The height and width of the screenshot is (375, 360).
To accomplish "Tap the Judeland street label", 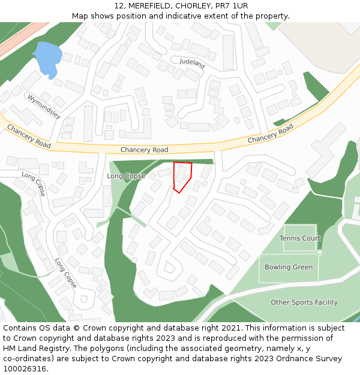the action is [193, 62].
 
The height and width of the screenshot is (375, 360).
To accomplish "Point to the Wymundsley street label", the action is [44, 106].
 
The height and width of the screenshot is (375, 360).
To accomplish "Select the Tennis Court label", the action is [300, 238].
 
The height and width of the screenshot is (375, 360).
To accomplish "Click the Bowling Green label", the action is [289, 267].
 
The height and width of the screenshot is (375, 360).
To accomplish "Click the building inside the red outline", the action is [181, 174].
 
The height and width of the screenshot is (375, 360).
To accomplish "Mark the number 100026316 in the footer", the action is [24, 369].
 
